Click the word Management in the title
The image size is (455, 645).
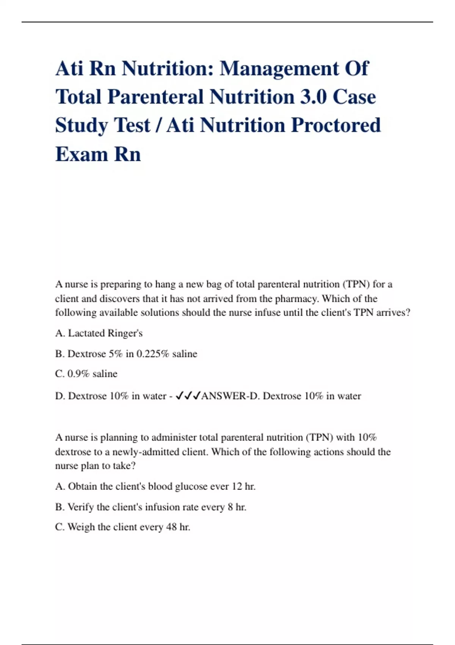tap(279, 69)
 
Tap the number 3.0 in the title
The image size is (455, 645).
tap(313, 97)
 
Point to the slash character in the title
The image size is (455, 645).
tap(158, 126)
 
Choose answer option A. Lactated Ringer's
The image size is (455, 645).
tap(99, 333)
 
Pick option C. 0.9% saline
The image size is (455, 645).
tap(86, 374)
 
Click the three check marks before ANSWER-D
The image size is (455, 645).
tap(188, 396)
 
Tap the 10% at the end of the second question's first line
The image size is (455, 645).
tap(367, 437)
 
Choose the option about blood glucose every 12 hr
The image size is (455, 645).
tap(155, 486)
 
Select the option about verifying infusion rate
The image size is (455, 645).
tap(151, 507)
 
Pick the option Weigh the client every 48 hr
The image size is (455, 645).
tap(122, 527)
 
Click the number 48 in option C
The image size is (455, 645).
tap(171, 527)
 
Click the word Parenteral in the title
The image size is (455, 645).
tap(156, 97)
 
